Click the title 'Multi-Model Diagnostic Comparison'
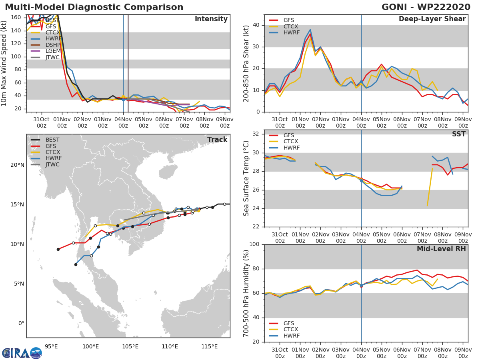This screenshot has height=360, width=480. pos(94,7)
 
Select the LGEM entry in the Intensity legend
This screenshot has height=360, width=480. pos(53,51)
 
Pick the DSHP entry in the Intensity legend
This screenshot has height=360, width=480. pos(53,44)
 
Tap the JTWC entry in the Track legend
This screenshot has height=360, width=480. pos(52,164)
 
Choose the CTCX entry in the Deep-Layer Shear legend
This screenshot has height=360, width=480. pos(291,27)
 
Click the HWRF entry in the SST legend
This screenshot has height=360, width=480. pos(291,148)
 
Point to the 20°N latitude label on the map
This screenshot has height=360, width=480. pos(17,165)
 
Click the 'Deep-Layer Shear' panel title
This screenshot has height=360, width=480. pos(432,19)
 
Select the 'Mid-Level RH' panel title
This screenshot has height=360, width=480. pos(441,249)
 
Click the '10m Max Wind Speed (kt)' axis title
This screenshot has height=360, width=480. pos(5,64)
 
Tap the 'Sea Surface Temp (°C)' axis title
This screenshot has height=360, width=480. pos(246,178)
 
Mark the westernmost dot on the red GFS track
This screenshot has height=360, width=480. pos(58,249)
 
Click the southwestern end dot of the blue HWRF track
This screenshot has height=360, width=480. pos(76,264)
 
